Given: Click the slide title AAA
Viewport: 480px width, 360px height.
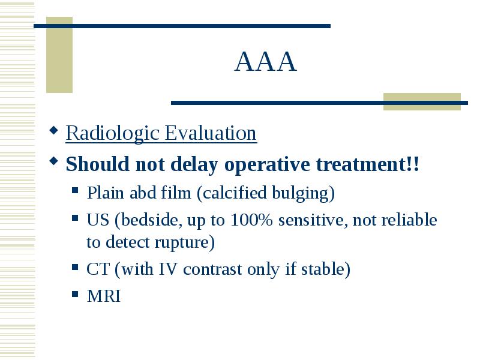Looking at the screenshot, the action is point(266,62).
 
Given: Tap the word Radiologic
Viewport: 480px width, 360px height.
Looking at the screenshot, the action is point(113,133).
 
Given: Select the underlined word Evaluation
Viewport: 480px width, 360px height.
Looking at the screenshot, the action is point(211,133).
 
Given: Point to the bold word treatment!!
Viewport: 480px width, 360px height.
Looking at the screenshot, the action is point(367,164).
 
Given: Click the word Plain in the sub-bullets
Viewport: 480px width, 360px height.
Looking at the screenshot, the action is point(106,193).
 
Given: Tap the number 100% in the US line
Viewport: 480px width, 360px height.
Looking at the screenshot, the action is point(251,220).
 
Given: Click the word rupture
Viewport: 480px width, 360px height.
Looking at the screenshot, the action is point(182,243).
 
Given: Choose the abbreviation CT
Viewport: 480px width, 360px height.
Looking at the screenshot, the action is point(98,269).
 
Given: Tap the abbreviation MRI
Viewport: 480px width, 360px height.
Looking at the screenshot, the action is point(104,296).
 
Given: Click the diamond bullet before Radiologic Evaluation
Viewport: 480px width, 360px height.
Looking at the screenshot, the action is point(53,131).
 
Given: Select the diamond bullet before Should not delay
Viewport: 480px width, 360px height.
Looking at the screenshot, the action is point(53,161).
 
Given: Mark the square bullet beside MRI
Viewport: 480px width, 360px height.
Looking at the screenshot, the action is point(75,294).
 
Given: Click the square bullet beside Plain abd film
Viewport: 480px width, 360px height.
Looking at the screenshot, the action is point(75,191).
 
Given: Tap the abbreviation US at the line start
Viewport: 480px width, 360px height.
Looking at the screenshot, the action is point(98,220).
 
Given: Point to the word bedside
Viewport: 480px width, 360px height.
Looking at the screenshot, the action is point(148,220).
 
